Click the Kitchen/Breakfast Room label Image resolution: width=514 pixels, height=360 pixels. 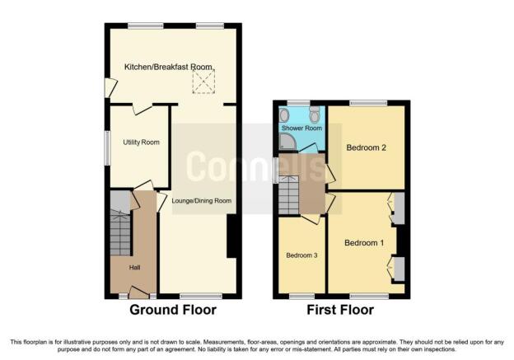[x=168, y=67]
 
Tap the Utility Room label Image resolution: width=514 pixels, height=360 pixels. [x=142, y=143]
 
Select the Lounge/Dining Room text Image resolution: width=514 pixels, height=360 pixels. [x=202, y=201]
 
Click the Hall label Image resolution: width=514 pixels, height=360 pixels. [x=134, y=268]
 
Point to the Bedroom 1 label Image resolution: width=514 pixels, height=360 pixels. [x=364, y=243]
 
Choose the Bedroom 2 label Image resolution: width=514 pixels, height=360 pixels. [x=366, y=147]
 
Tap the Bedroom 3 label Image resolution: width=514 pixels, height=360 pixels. [x=301, y=255]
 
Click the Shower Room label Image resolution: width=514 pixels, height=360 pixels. [x=301, y=128]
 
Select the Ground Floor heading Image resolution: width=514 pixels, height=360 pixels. [x=173, y=310]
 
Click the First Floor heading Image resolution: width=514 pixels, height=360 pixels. [x=340, y=310]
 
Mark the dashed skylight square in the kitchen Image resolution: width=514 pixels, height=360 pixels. [x=203, y=82]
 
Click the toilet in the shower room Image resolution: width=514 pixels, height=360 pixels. [x=315, y=114]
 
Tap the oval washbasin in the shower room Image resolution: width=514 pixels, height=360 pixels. [x=284, y=115]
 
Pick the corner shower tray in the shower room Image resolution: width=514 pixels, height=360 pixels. [x=287, y=143]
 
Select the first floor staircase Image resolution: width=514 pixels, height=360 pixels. [x=288, y=195]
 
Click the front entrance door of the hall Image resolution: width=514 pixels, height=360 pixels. [x=138, y=292]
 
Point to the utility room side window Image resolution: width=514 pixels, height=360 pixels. [x=107, y=148]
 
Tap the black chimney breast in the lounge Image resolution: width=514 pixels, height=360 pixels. [x=231, y=236]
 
